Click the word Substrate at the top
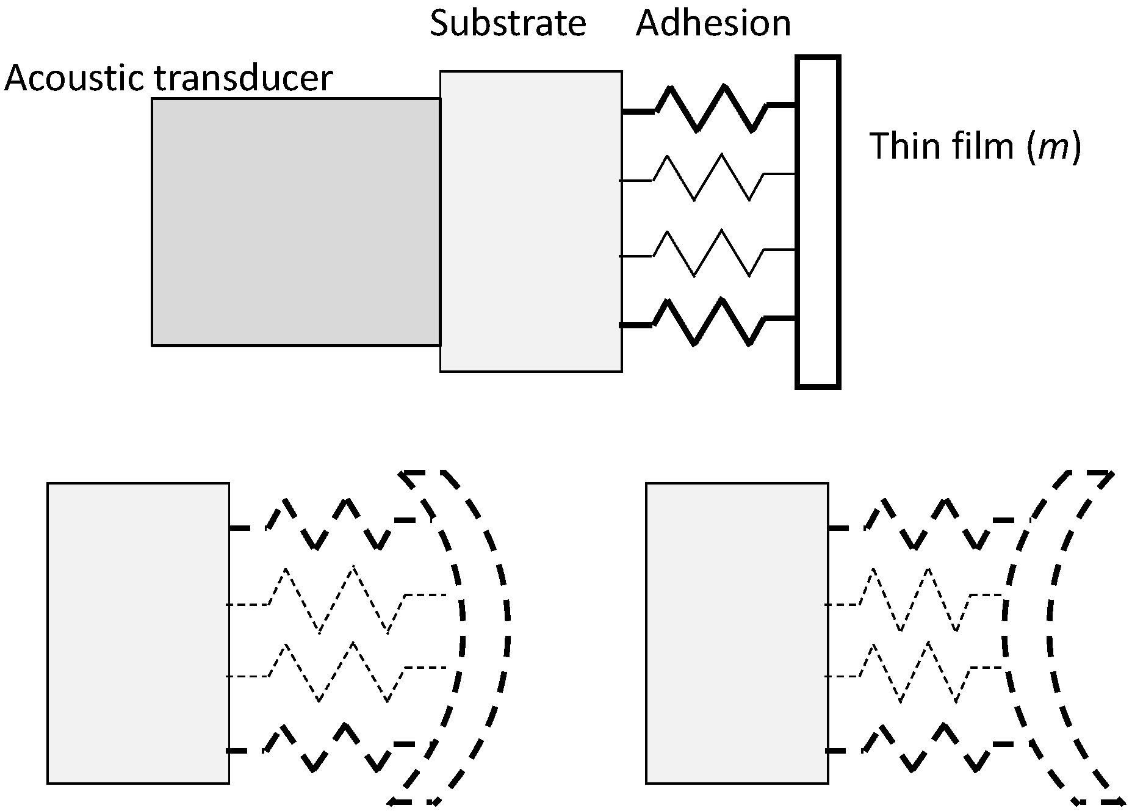pyautogui.click(x=508, y=23)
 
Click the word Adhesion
pyautogui.click(x=713, y=23)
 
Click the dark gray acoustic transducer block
pyautogui.click(x=295, y=222)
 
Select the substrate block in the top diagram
pyautogui.click(x=530, y=222)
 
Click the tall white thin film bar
pyautogui.click(x=818, y=222)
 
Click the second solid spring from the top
pyautogui.click(x=708, y=177)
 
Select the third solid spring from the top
pyautogui.click(x=708, y=253)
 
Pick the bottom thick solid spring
pyautogui.click(x=708, y=322)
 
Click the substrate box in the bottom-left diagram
pyautogui.click(x=138, y=633)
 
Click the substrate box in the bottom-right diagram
pyautogui.click(x=737, y=633)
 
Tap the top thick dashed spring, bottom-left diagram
pyautogui.click(x=330, y=524)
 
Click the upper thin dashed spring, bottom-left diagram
pyautogui.click(x=336, y=600)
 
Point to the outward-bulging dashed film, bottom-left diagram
pyautogui.click(x=485, y=635)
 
